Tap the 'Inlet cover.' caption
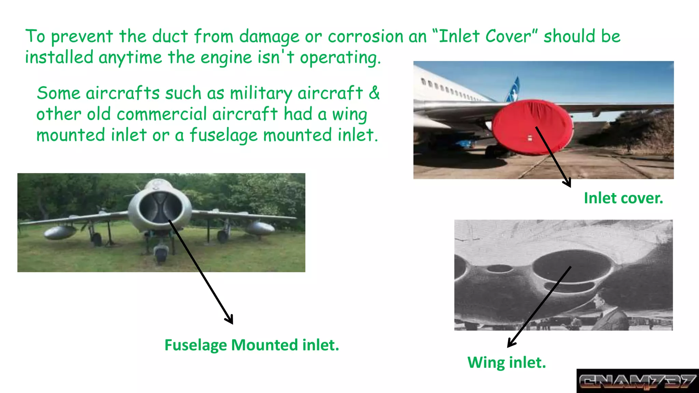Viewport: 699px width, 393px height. pyautogui.click(x=623, y=198)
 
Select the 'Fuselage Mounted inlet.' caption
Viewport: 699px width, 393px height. pyautogui.click(x=252, y=345)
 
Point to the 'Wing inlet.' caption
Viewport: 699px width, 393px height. pyautogui.click(x=507, y=363)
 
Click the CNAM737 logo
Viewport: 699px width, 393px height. pyautogui.click(x=637, y=381)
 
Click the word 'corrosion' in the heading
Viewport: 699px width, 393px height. pyautogui.click(x=366, y=37)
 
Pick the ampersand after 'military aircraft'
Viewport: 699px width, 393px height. pyautogui.click(x=374, y=93)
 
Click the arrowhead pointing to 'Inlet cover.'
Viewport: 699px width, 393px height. pyautogui.click(x=568, y=183)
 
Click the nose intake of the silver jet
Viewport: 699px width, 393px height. pyautogui.click(x=160, y=206)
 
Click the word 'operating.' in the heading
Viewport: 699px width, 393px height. pyautogui.click(x=340, y=58)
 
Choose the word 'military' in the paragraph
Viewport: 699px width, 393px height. pyautogui.click(x=261, y=93)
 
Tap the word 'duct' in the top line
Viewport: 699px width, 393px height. pyautogui.click(x=170, y=37)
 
